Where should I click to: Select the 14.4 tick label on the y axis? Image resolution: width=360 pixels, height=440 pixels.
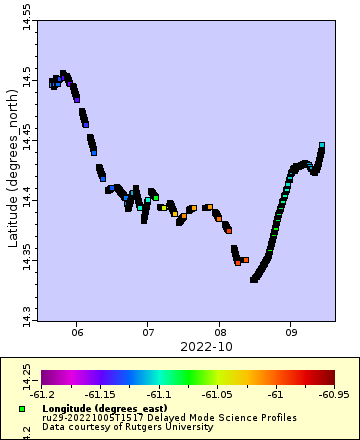(x=27, y=201)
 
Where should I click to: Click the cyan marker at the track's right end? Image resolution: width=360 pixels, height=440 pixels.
(x=322, y=145)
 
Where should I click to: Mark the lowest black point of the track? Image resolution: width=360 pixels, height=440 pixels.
(x=254, y=280)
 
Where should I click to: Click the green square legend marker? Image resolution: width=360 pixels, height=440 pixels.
(x=21, y=409)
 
